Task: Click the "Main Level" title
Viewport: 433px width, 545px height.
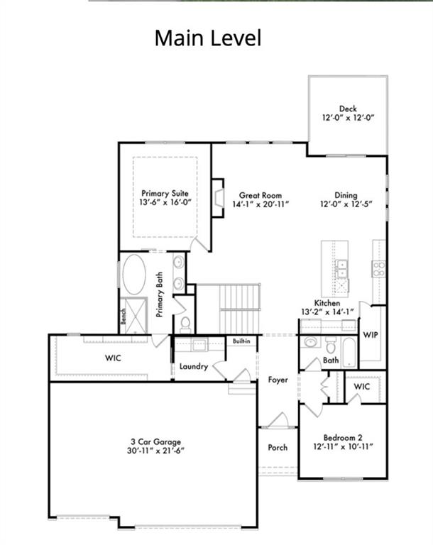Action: pos(208,38)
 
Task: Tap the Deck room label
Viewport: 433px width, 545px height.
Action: pos(348,109)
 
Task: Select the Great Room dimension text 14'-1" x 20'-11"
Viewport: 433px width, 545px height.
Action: pos(261,204)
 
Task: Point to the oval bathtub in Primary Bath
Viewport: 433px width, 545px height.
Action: pos(134,275)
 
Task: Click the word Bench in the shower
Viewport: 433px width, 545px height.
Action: pos(123,316)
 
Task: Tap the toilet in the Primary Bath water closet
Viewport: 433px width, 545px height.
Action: pos(185,324)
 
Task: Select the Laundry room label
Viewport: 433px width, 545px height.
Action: pos(194,366)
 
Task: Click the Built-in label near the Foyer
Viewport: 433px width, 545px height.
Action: pos(241,341)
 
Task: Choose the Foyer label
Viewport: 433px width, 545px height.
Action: pos(278,380)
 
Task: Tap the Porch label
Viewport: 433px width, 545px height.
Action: pos(278,447)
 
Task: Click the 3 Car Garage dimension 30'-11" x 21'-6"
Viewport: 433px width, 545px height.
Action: pos(155,451)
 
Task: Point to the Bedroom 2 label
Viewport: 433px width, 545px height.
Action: pos(343,438)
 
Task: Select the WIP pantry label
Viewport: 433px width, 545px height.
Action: pos(371,335)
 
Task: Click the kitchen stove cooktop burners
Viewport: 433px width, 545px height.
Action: pos(378,269)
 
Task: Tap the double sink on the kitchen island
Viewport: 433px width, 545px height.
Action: pos(342,269)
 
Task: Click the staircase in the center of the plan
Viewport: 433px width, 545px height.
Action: pos(240,309)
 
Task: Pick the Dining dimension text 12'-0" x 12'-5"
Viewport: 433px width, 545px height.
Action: pos(346,204)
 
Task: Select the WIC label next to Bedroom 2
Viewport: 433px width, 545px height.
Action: pos(362,387)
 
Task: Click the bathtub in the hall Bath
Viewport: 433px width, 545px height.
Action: pos(349,353)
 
